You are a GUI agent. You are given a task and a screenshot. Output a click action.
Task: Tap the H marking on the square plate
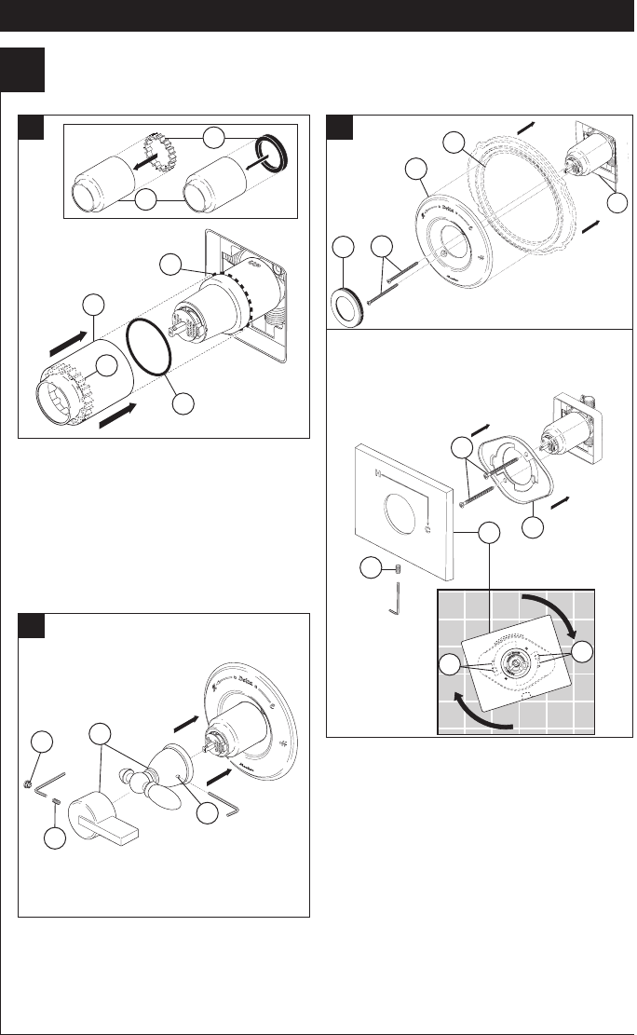379,478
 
